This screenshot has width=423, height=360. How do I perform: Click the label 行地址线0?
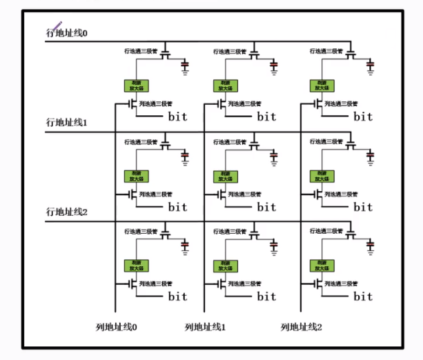point(67,32)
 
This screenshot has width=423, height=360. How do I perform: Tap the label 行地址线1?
point(67,122)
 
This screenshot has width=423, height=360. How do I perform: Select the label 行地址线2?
point(67,212)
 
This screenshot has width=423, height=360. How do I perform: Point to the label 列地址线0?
point(117,326)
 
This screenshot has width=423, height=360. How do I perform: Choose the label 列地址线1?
point(206,326)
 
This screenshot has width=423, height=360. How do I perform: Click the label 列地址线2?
point(302,326)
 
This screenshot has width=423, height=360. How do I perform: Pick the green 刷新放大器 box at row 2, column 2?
point(321,266)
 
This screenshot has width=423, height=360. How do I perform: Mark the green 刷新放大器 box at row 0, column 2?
point(321,86)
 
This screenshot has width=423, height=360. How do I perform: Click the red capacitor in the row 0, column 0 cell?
point(185,66)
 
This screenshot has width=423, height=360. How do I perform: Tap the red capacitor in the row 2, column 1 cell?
point(275,245)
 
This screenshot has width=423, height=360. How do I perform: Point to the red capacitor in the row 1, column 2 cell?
point(371,155)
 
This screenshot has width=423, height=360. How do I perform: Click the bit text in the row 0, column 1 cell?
point(266,116)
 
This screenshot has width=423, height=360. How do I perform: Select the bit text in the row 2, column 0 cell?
point(177,297)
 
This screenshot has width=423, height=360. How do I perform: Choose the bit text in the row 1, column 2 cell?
point(363,206)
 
